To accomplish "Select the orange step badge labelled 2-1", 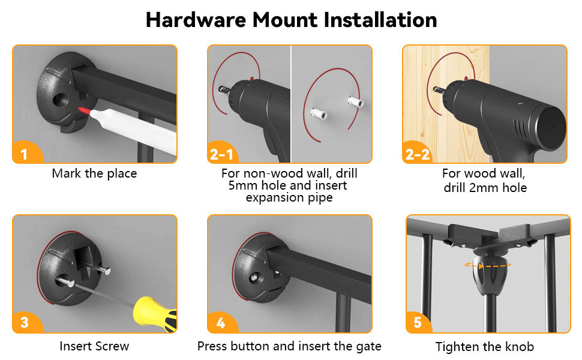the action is point(222,152).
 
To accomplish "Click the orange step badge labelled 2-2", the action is point(418,152).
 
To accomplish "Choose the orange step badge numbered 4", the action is point(221,322).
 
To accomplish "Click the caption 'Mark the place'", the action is point(94,173).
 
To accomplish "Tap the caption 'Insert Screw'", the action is point(94,346).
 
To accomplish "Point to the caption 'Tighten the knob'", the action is point(485,347).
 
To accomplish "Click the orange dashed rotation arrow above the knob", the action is point(487,265).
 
